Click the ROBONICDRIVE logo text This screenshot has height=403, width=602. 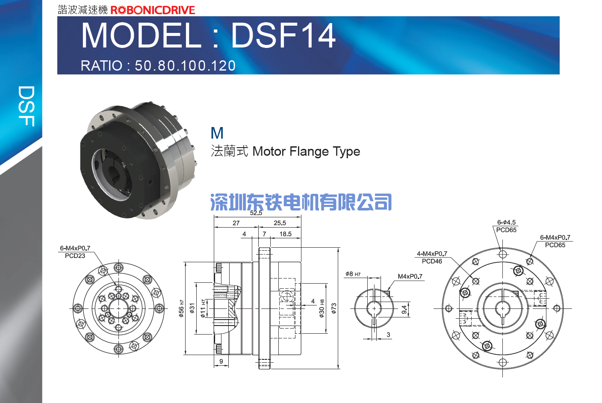153,10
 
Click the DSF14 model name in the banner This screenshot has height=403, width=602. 283,36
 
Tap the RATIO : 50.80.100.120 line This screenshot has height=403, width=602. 158,65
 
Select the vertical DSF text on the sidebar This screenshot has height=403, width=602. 27,106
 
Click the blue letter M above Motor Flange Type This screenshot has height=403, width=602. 217,133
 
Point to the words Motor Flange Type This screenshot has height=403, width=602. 306,151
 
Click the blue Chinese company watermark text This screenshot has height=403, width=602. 301,201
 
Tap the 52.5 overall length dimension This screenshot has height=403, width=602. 256,213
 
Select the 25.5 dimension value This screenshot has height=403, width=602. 280,223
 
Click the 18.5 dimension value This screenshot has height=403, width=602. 286,234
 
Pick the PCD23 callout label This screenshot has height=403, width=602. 75,256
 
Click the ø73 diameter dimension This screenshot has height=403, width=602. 334,308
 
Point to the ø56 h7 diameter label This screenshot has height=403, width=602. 181,308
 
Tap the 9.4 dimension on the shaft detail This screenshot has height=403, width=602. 404,310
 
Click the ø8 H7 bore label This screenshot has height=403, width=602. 353,274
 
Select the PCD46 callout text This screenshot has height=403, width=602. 432,261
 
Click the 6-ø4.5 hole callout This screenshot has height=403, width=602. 506,222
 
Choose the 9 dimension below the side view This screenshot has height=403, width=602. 221,361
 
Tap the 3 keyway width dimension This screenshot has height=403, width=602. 388,335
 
